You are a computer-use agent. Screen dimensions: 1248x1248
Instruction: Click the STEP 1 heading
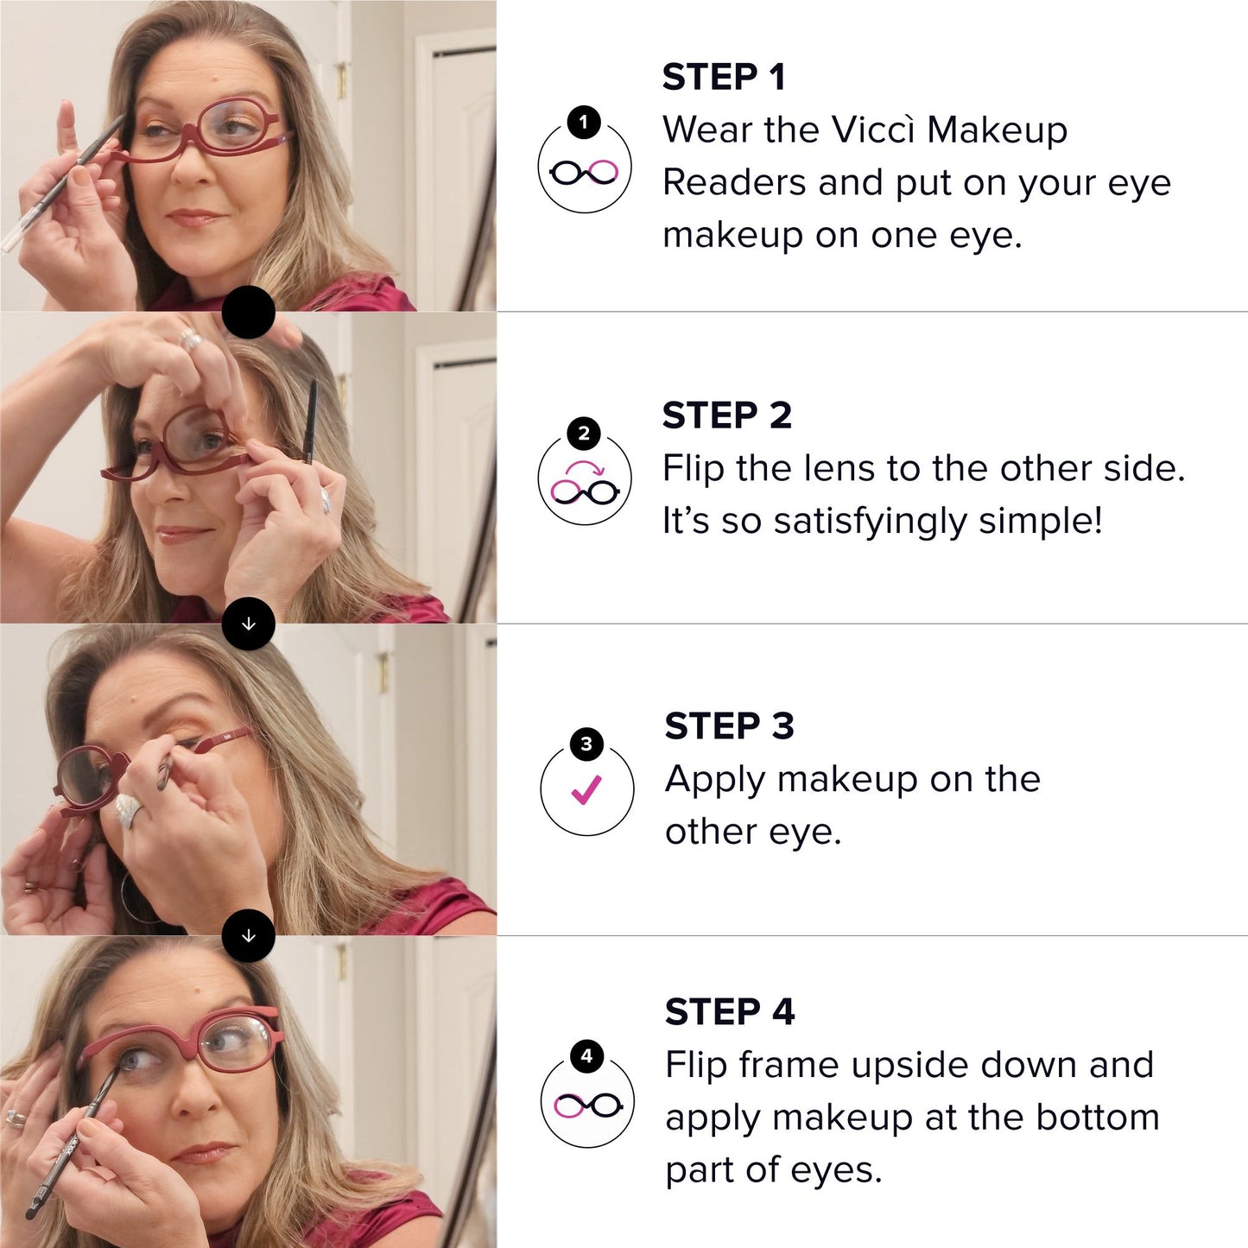pos(724,78)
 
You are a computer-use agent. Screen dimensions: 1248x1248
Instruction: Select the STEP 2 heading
pos(726,415)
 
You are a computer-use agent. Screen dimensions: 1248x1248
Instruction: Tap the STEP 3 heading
pos(729,726)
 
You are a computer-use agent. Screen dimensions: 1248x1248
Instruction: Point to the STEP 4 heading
pos(729,1012)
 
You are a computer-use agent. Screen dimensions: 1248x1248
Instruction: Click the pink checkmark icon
pos(586,789)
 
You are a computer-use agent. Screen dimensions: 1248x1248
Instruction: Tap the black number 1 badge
pos(584,122)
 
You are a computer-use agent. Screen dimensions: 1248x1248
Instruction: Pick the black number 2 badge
pos(584,433)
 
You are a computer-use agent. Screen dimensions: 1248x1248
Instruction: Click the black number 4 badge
pos(586,1055)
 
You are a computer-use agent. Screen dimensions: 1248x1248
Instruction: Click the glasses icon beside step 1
pos(585,173)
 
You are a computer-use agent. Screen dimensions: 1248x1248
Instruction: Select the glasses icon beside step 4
pos(587,1105)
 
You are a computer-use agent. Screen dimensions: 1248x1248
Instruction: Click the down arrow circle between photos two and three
pos(249,624)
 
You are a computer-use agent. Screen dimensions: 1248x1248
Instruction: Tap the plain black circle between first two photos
pos(249,313)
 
